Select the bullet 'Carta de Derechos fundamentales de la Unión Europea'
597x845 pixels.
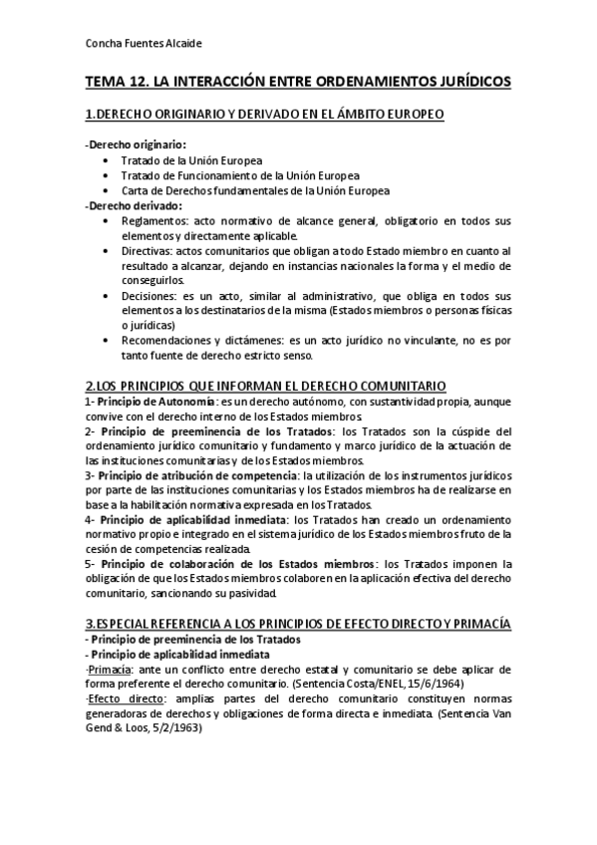point(255,190)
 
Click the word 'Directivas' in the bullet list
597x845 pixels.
point(149,250)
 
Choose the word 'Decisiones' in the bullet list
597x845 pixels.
point(149,296)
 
